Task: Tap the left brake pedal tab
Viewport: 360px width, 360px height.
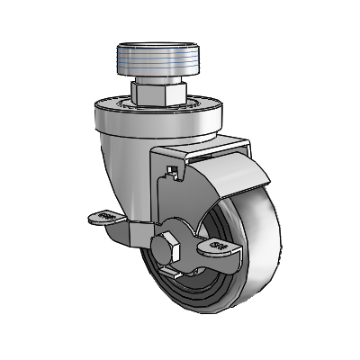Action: [x=106, y=217]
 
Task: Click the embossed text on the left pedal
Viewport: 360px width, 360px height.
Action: [x=105, y=216]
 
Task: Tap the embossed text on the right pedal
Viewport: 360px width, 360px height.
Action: [x=217, y=245]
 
